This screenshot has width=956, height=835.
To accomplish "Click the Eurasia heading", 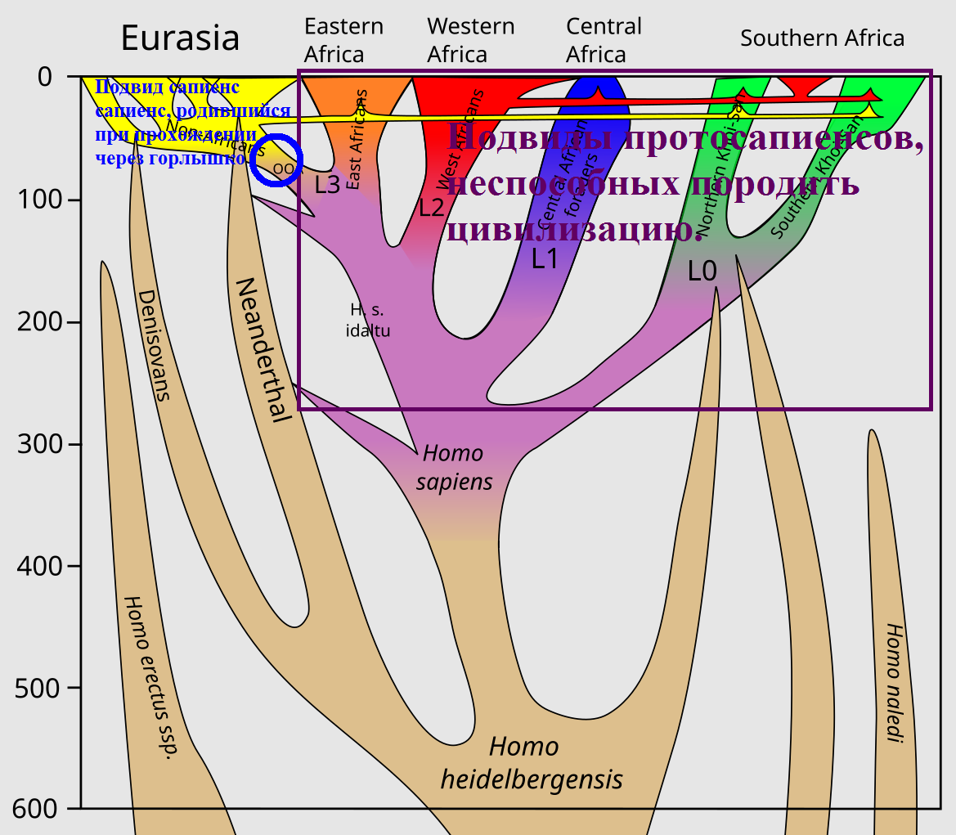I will tap(180, 38).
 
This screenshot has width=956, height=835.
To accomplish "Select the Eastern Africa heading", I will tap(343, 40).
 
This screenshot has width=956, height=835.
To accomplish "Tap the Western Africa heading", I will tap(470, 40).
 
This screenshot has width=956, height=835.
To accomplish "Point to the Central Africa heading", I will tap(604, 40).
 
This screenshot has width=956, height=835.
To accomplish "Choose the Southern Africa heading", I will tap(822, 38).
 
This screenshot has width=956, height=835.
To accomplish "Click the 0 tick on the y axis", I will tap(46, 77).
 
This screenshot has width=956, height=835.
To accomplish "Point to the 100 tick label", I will tap(41, 200).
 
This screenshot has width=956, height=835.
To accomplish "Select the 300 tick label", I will tap(41, 444).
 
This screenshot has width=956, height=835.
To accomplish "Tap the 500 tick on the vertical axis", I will tap(41, 688).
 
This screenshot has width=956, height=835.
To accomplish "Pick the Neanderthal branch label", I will tap(263, 350).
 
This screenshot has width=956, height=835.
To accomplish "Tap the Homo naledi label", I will tap(893, 684).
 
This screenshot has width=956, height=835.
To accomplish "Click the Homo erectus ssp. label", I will tap(150, 677).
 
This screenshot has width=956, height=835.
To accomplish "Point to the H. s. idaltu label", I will tap(367, 321).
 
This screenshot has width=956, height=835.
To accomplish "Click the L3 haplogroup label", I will tap(327, 185).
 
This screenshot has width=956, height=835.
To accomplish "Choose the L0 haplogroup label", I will tap(702, 271).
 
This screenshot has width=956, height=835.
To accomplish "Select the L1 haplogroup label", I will tap(545, 259).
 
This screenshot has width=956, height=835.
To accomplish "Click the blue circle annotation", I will tap(277, 160).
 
